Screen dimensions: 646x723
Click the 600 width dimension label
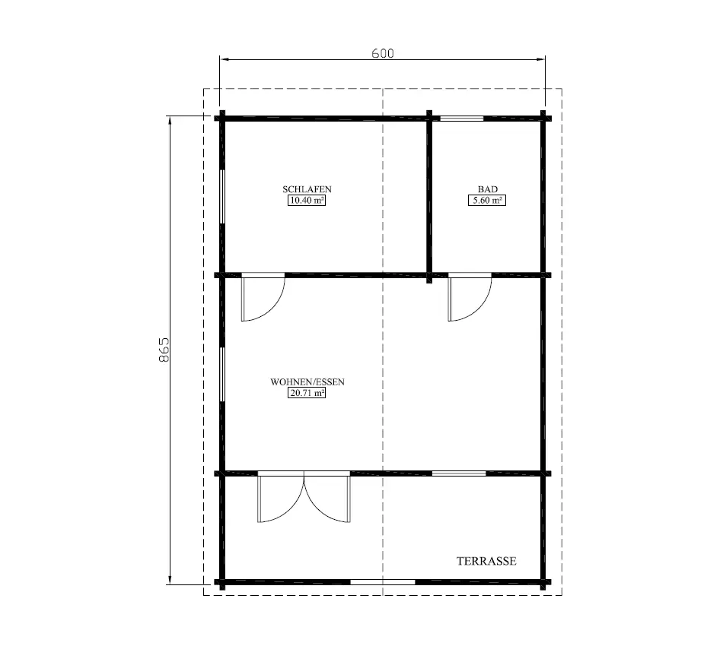coord(382,53)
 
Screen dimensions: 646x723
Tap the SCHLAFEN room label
coord(307,189)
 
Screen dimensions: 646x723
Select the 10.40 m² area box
coord(307,201)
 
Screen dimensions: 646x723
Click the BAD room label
coord(487,189)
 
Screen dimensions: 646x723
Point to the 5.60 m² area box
coord(487,201)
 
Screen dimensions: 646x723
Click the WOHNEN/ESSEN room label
coord(307,382)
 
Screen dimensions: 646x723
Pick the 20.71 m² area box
coord(307,394)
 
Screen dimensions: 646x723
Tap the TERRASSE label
coord(486,562)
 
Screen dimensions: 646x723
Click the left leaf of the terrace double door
coord(280,498)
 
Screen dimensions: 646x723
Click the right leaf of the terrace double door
coord(329,498)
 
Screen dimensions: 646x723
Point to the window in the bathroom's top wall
coord(462,118)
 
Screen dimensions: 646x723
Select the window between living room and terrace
coord(459,473)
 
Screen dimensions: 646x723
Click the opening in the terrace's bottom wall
coord(382,582)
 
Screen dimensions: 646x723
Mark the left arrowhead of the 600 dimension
coord(224,58)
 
